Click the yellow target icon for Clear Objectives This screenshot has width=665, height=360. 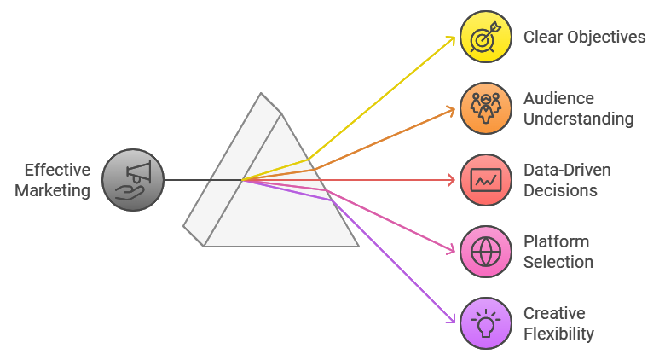(x=486, y=37)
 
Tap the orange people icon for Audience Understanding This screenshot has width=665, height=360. (x=486, y=108)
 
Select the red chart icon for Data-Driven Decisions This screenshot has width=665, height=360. (x=486, y=180)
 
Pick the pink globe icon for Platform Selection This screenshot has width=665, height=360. (x=486, y=252)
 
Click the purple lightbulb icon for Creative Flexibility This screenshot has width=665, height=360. (x=486, y=323)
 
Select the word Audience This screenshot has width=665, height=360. (x=558, y=98)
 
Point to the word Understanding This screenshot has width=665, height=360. (x=578, y=119)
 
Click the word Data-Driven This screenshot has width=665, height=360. (x=567, y=170)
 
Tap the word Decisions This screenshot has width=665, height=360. (x=560, y=190)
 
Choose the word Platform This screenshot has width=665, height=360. (x=556, y=241)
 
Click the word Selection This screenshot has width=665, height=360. (x=558, y=262)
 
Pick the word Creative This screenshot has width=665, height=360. (x=554, y=313)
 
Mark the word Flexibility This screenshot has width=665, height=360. (x=558, y=334)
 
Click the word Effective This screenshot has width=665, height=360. (x=57, y=169)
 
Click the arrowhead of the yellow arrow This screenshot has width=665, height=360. (x=453, y=39)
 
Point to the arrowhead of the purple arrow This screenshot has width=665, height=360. (x=452, y=320)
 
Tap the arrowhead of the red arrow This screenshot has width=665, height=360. (x=453, y=180)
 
